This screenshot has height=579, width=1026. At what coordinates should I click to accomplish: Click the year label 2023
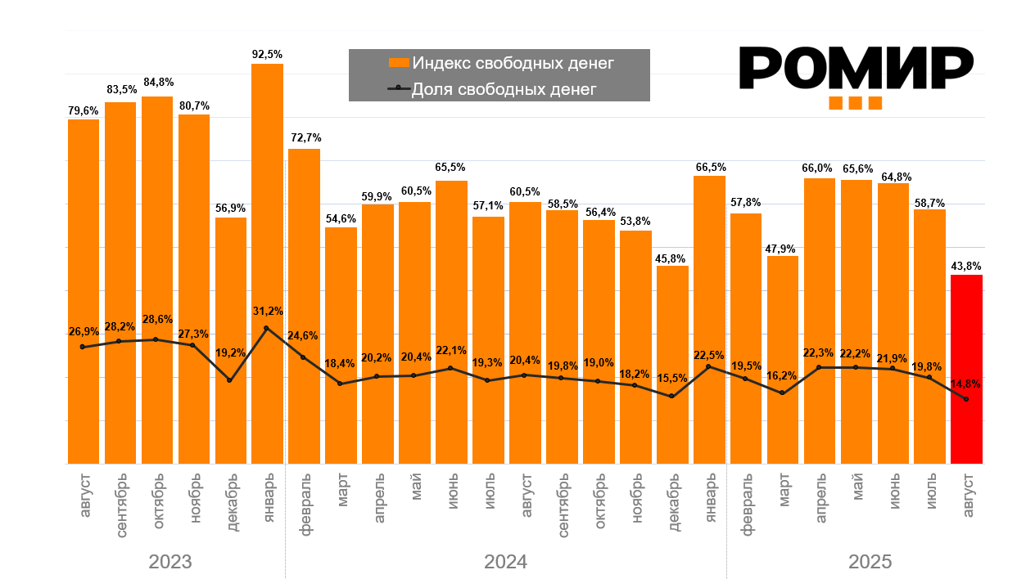(x=170, y=562)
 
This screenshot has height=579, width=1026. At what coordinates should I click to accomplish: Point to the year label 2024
(x=505, y=562)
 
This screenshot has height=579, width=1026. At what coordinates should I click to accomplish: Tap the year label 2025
(x=870, y=562)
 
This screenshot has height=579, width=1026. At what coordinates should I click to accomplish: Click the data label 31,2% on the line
(x=267, y=311)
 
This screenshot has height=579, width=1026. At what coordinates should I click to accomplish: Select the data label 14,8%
(x=966, y=383)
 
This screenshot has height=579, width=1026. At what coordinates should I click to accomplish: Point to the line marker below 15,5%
(x=672, y=396)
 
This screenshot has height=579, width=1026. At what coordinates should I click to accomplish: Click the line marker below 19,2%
(x=230, y=380)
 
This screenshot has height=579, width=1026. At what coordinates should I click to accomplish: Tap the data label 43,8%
(x=966, y=266)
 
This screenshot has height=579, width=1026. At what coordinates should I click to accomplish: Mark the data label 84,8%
(x=157, y=82)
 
